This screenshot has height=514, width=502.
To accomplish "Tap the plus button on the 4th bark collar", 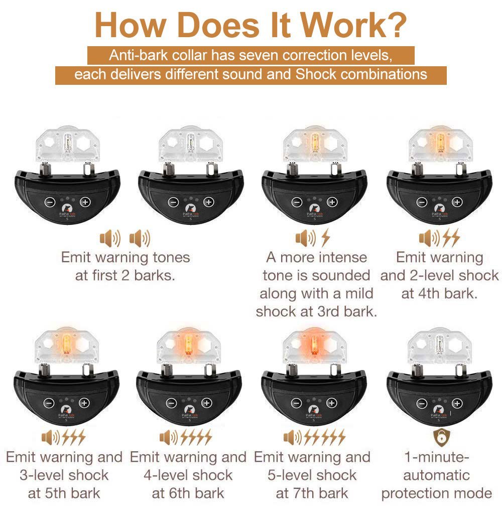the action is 457,202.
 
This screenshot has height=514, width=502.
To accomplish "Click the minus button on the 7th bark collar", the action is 296,403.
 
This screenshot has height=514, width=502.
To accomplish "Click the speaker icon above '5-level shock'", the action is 292,437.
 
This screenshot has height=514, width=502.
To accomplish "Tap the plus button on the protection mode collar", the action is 457,403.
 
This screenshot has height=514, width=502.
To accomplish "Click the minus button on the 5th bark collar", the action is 49,403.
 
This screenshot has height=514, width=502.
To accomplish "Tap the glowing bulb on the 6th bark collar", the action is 189,345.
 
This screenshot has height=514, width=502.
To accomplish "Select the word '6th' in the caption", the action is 183,493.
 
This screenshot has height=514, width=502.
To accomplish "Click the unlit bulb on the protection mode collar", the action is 439,345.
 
